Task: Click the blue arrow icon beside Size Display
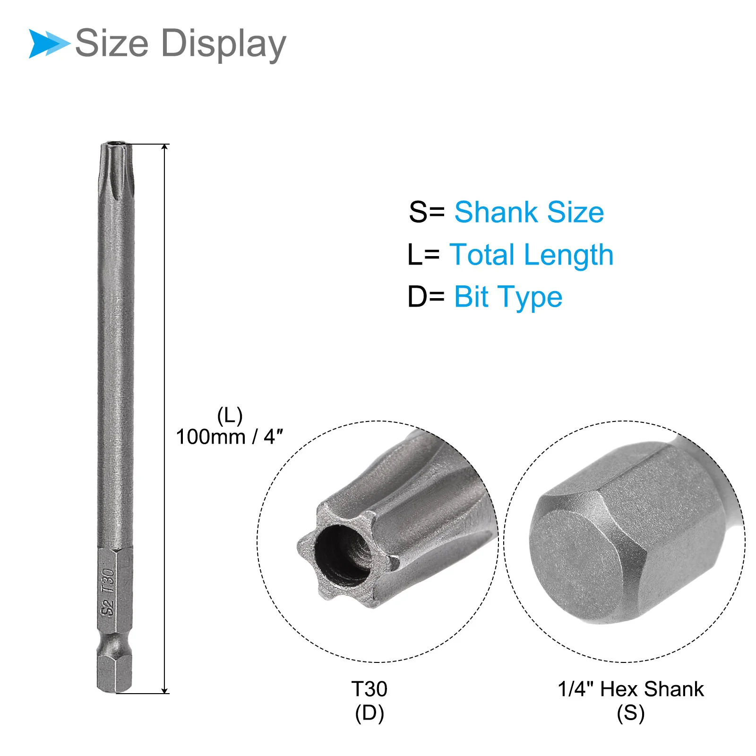click(x=49, y=43)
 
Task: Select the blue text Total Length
click(x=532, y=255)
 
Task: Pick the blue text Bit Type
click(x=508, y=298)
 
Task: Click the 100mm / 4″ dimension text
click(x=230, y=437)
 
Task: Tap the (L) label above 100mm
click(x=230, y=416)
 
